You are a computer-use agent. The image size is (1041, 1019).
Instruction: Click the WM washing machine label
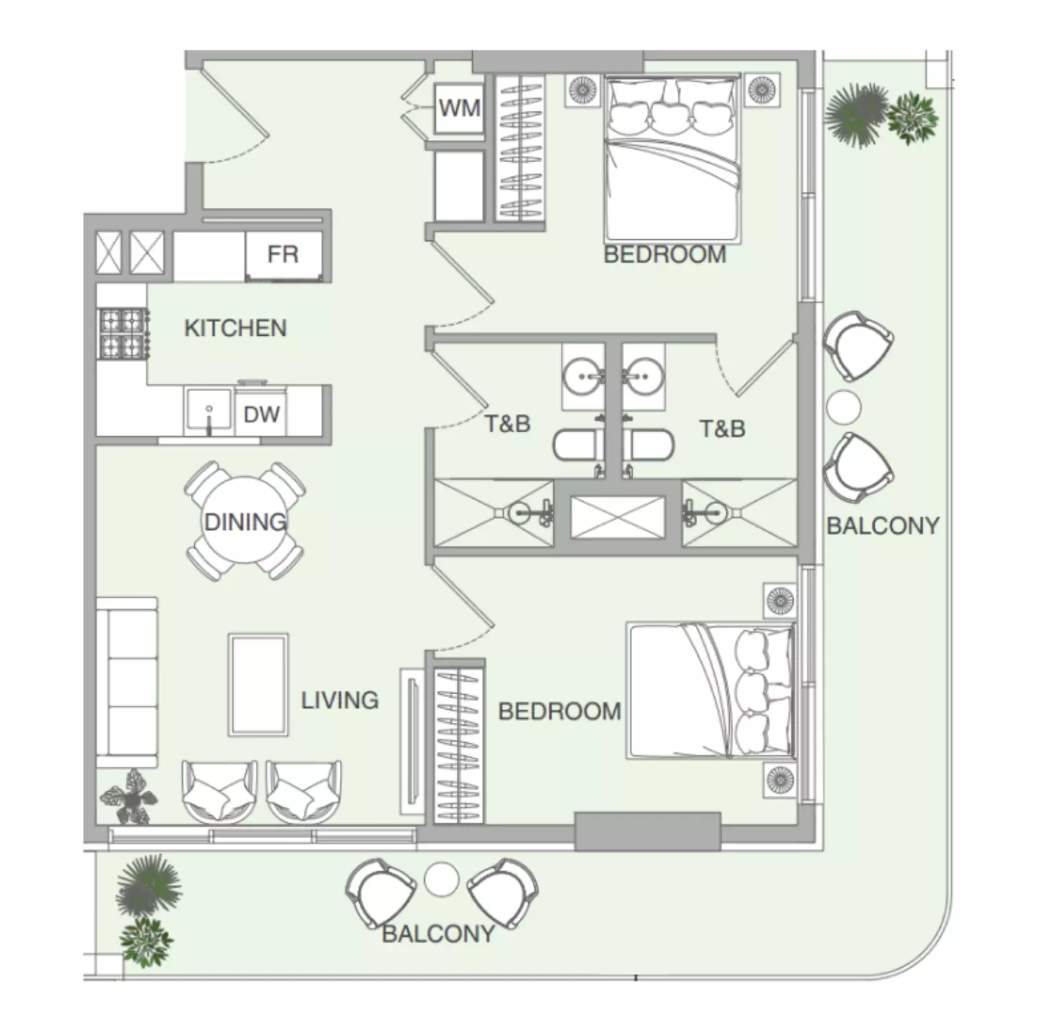pos(460,108)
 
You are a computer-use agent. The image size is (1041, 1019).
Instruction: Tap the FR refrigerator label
pos(282,254)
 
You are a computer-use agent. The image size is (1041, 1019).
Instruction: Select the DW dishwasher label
pos(261,414)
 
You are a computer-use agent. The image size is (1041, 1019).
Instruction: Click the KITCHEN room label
pos(235,328)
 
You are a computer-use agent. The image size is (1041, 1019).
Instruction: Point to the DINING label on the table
pos(246,522)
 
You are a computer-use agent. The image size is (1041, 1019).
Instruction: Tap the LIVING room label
pos(340,700)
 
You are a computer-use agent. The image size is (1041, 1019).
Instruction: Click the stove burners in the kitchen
pos(124,334)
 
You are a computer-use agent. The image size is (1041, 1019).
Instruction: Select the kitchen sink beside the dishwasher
pos(209,412)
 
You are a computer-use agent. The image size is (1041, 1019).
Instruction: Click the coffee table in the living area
pos(258,685)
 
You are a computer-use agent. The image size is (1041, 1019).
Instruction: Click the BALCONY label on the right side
pos(882,526)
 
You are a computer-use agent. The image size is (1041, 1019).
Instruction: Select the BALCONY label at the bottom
pos(438,934)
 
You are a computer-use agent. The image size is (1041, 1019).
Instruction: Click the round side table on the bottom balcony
pos(441,879)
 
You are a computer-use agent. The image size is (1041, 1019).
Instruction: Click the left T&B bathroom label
pos(508,424)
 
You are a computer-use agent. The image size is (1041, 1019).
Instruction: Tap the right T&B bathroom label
pos(722,429)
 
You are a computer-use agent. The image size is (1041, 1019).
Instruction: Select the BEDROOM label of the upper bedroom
pos(665,254)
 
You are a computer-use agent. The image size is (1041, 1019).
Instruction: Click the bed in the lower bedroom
pos(712,690)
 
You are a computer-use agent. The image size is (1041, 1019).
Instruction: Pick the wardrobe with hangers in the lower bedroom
pos(459,745)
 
